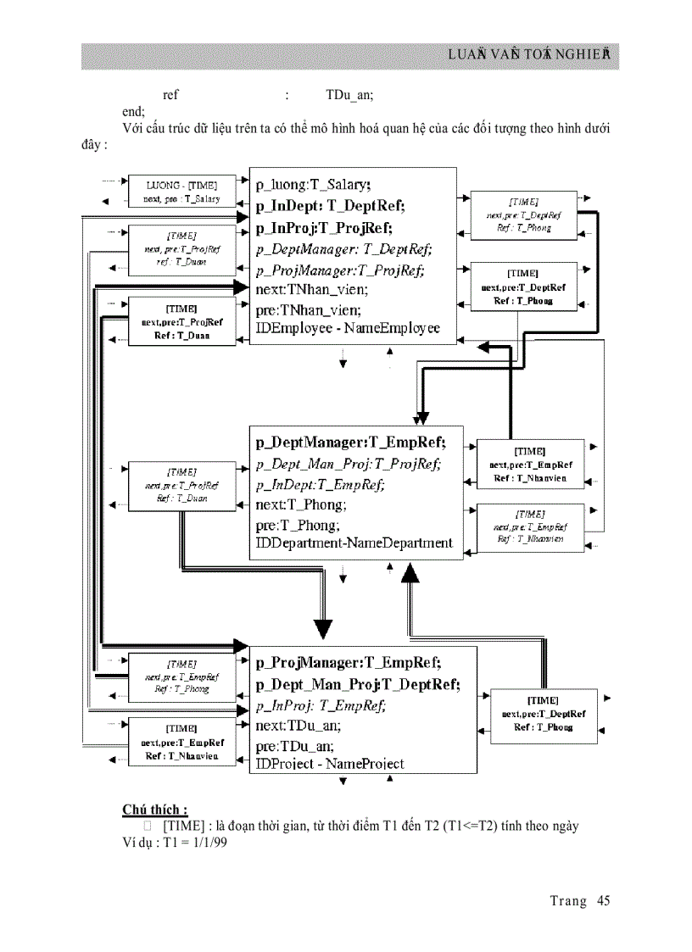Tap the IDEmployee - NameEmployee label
(348, 328)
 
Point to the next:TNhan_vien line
(312, 289)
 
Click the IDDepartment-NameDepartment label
(354, 543)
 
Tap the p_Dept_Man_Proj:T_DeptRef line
(358, 684)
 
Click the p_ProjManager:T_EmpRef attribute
(349, 662)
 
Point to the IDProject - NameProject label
(330, 763)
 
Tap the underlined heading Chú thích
(154, 809)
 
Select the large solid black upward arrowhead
(410, 573)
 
